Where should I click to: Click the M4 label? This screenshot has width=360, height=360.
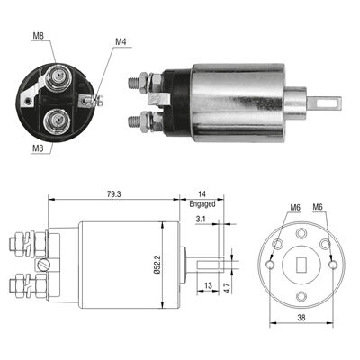tap(121, 41)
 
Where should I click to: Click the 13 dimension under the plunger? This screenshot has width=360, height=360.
tap(208, 285)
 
